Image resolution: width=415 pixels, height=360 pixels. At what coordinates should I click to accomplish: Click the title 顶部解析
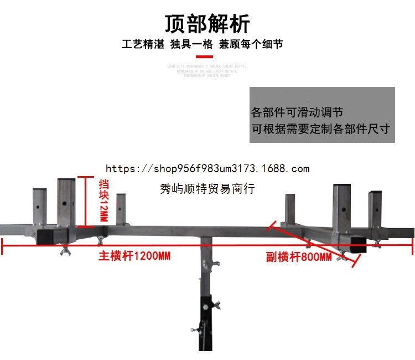207,24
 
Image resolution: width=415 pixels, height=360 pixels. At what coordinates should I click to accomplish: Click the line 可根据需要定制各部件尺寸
321,129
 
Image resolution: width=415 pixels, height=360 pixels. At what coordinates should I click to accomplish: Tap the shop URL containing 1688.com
207,168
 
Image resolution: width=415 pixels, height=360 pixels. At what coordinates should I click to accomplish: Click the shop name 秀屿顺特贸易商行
207,189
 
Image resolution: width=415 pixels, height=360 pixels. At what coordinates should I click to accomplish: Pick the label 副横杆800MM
298,257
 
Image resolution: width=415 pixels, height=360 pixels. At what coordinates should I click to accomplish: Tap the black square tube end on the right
358,244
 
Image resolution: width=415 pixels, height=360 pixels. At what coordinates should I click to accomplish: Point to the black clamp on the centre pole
206,306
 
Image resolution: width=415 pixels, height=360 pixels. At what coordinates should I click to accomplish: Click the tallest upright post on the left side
66,202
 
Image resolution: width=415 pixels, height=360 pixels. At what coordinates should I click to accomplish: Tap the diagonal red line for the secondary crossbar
310,244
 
